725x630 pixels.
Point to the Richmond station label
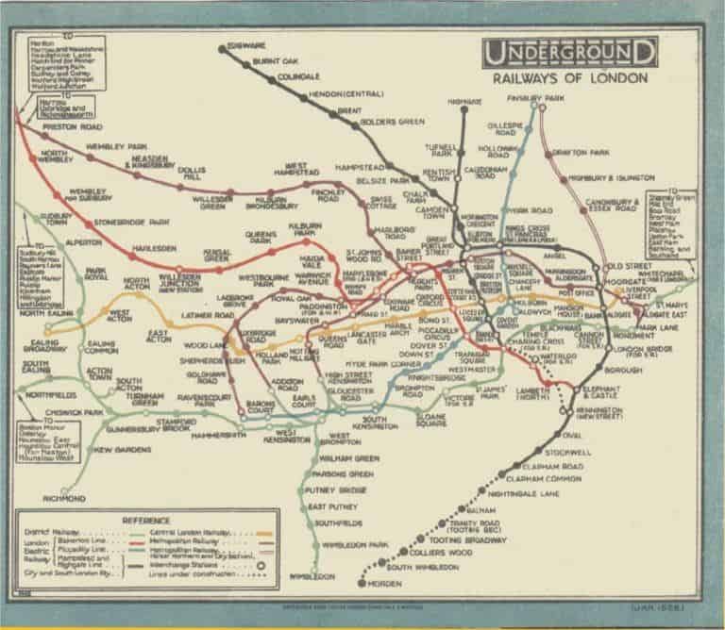[x=64, y=497]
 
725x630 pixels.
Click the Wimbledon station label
[x=314, y=575]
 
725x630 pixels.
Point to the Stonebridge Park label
[x=131, y=223]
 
